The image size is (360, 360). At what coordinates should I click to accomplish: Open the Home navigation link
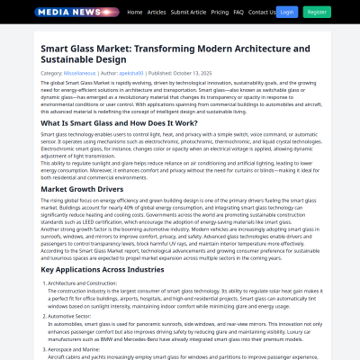click(x=135, y=13)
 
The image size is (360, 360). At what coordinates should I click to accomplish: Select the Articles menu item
click(x=157, y=13)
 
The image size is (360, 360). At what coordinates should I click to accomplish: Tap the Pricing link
click(x=219, y=13)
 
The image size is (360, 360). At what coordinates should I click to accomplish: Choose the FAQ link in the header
click(x=238, y=13)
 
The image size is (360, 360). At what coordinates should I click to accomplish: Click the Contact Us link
click(x=262, y=13)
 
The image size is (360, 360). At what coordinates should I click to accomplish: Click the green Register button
click(x=316, y=13)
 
